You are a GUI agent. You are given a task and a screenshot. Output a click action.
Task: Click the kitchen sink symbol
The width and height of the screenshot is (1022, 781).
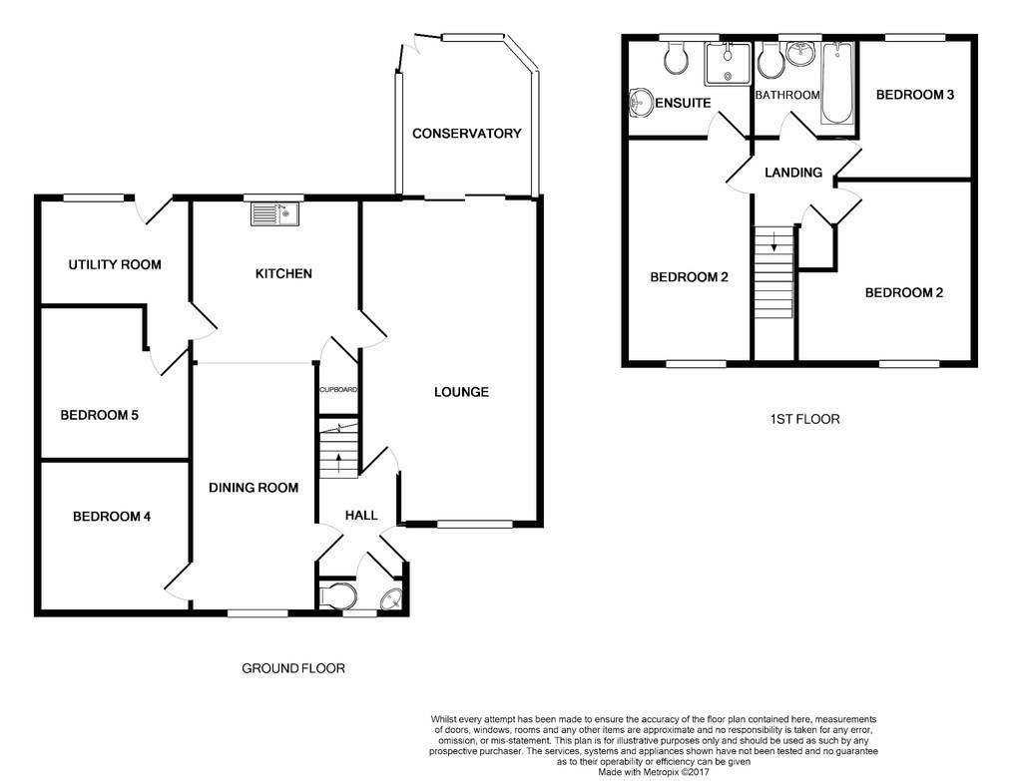pyautogui.click(x=275, y=214)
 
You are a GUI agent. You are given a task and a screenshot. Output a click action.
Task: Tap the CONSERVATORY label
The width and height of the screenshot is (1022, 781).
pyautogui.click(x=467, y=134)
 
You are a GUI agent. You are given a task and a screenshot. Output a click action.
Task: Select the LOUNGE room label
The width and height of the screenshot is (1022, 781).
pyautogui.click(x=461, y=392)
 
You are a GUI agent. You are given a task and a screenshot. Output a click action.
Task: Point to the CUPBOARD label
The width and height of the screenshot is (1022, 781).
pyautogui.click(x=338, y=390)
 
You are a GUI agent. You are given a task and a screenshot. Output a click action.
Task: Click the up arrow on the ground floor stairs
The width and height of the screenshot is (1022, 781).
pyautogui.click(x=339, y=463)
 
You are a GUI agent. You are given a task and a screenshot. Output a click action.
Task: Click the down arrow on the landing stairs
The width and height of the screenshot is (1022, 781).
pyautogui.click(x=774, y=241)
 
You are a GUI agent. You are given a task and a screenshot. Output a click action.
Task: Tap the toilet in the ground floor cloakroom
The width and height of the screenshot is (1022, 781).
pyautogui.click(x=339, y=595)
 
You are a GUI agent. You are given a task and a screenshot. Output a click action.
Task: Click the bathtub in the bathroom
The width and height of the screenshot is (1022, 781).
pyautogui.click(x=836, y=83)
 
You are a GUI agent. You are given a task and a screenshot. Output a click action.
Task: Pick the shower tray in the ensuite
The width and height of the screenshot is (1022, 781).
pyautogui.click(x=728, y=64)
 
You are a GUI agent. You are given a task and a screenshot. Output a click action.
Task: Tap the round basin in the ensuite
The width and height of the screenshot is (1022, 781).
pyautogui.click(x=643, y=103)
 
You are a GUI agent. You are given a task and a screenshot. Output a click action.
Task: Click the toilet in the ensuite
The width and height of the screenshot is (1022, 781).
pyautogui.click(x=674, y=57)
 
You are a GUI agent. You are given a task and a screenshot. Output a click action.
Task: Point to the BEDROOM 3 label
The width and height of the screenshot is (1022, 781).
pyautogui.click(x=915, y=95)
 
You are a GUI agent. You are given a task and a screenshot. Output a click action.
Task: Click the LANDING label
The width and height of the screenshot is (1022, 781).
pyautogui.click(x=793, y=173)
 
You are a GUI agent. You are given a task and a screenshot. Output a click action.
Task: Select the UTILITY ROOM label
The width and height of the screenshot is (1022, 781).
pyautogui.click(x=115, y=264)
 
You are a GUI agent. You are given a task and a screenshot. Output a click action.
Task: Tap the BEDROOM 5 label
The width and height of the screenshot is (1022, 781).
pyautogui.click(x=99, y=415)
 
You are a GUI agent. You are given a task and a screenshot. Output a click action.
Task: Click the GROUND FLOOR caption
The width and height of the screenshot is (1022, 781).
pyautogui.click(x=293, y=668)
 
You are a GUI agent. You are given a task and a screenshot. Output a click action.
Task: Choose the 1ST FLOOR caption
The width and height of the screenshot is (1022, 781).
pyautogui.click(x=805, y=419)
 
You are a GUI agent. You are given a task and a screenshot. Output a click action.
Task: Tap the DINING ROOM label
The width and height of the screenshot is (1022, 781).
pyautogui.click(x=254, y=487)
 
